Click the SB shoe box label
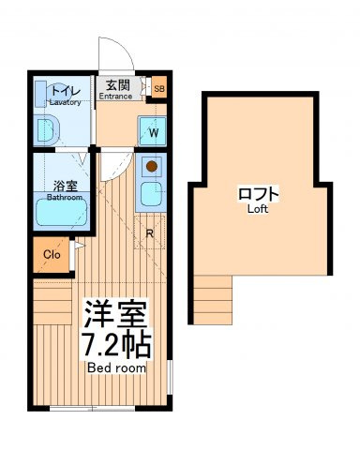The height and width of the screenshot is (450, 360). (159, 89)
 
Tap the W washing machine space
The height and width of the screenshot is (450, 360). (152, 131)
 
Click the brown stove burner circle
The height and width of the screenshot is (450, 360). (152, 166)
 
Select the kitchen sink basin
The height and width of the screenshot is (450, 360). (152, 194)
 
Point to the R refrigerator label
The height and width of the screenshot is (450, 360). (150, 233)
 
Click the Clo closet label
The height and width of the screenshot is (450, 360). (52, 255)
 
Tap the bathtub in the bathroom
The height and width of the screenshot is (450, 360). (61, 212)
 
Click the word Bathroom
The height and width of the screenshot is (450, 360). (65, 198)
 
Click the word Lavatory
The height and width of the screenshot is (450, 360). (65, 102)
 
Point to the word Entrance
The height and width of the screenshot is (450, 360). (115, 97)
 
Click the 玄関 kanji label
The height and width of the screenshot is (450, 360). (117, 85)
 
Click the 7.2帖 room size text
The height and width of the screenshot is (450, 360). (117, 346)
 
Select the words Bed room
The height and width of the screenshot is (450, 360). (117, 368)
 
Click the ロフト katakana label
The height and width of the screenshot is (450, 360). (259, 194)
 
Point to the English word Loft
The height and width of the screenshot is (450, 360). (258, 209)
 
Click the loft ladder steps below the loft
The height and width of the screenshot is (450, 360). (213, 300)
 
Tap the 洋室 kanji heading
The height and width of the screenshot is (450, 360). (116, 315)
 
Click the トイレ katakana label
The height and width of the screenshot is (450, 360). (66, 92)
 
